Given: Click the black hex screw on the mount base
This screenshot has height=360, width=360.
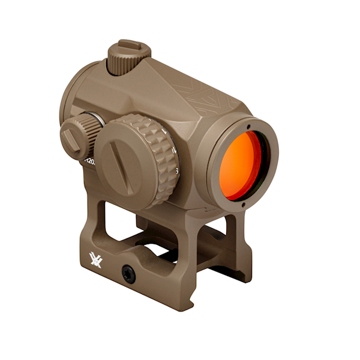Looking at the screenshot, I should (x=127, y=272).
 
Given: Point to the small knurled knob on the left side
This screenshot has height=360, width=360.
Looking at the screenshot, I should (x=79, y=135).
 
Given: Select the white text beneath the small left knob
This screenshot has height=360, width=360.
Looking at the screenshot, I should (x=88, y=161).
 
